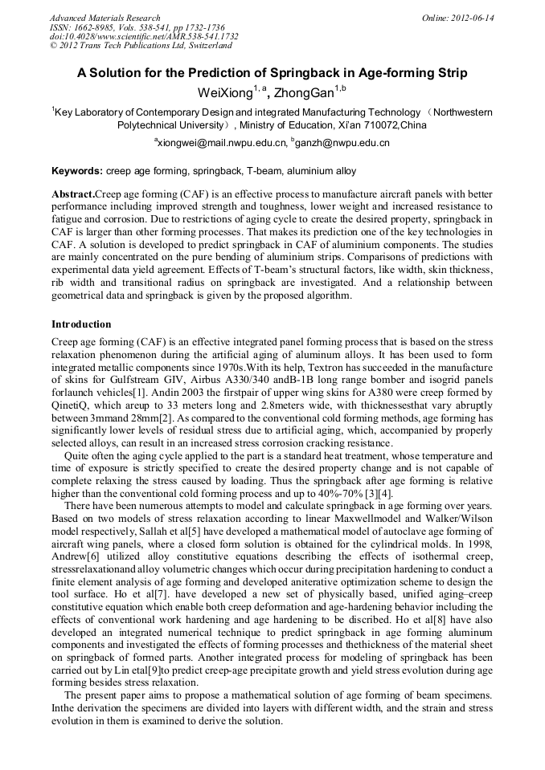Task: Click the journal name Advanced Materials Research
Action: click(104, 18)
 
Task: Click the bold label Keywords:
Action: click(77, 171)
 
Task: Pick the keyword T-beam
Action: click(264, 171)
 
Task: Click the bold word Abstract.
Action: click(72, 195)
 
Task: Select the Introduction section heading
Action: click(81, 324)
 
